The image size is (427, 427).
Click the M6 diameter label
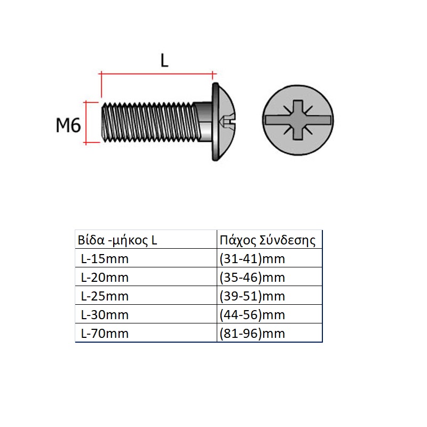point(68,125)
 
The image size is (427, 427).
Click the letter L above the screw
point(164,60)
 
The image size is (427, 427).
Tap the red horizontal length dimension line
point(157,73)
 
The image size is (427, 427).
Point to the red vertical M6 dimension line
point(86,122)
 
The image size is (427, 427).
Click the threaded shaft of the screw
point(149,122)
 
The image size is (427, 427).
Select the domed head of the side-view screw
point(223,122)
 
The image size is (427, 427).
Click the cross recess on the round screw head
point(298,120)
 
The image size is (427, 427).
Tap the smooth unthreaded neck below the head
point(204,122)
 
